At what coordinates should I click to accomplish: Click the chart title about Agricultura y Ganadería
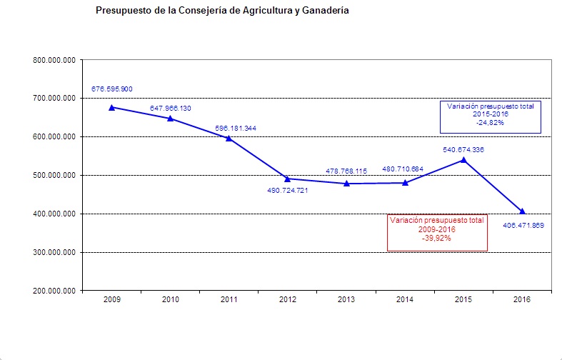(x=222, y=12)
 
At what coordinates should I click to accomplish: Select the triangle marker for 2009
(x=112, y=107)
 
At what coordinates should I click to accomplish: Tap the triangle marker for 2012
(x=288, y=179)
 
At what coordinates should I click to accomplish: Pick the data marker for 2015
(x=463, y=159)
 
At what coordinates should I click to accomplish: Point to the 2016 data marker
(x=522, y=211)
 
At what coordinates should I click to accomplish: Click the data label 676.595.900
(x=112, y=89)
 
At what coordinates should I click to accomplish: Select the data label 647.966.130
(x=171, y=108)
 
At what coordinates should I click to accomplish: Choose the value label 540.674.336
(x=463, y=149)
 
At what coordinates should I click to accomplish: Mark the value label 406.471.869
(x=523, y=225)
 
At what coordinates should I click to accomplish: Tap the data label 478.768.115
(x=346, y=171)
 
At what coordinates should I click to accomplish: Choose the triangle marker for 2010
(x=171, y=118)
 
